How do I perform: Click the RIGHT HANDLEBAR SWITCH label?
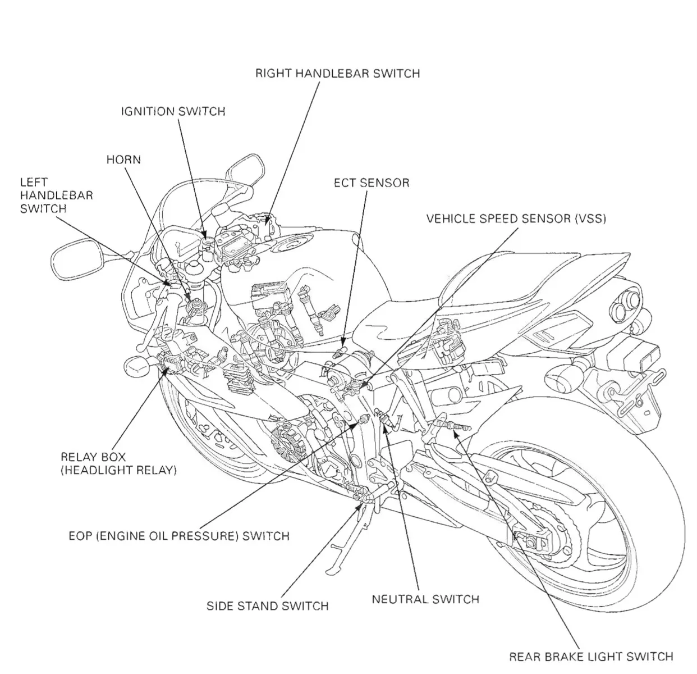coord(337,74)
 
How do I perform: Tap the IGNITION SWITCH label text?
coord(173,111)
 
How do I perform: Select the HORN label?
coord(123,160)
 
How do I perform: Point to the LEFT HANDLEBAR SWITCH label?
coord(56,195)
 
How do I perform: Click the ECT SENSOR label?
coord(372,183)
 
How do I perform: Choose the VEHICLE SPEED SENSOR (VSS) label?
coord(516,218)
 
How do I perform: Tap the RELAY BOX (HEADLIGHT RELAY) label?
coord(118,463)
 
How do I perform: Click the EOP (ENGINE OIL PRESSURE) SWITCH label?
coord(178,536)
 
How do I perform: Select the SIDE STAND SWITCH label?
coord(267,606)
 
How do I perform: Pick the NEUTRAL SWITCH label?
coord(425,599)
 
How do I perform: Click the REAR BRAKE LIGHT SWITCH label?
coord(591,656)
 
